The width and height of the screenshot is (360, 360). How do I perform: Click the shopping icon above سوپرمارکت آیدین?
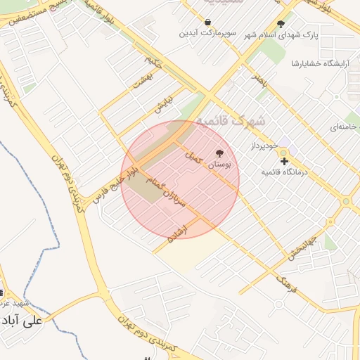click(208, 22)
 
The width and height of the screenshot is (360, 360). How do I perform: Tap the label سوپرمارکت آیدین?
click(208, 33)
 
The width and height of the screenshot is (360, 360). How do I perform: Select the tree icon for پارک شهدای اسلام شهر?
click(281, 23)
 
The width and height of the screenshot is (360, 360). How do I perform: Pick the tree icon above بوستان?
click(220, 153)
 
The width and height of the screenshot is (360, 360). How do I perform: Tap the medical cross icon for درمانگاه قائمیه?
click(284, 161)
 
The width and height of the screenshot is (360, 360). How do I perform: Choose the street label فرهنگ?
click(285, 285)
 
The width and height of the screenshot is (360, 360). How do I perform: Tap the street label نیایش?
click(163, 105)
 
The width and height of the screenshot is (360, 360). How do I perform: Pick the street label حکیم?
click(155, 62)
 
